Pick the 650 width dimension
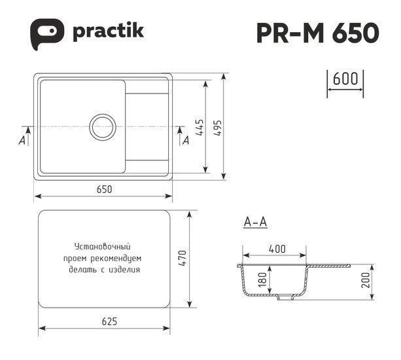pyautogui.click(x=104, y=189)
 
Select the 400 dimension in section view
pyautogui.click(x=276, y=249)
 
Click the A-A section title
pyautogui.click(x=254, y=223)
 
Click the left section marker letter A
pyautogui.click(x=22, y=140)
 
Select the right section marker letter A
pyautogui.click(x=185, y=139)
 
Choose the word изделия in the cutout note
pyautogui.click(x=127, y=269)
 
